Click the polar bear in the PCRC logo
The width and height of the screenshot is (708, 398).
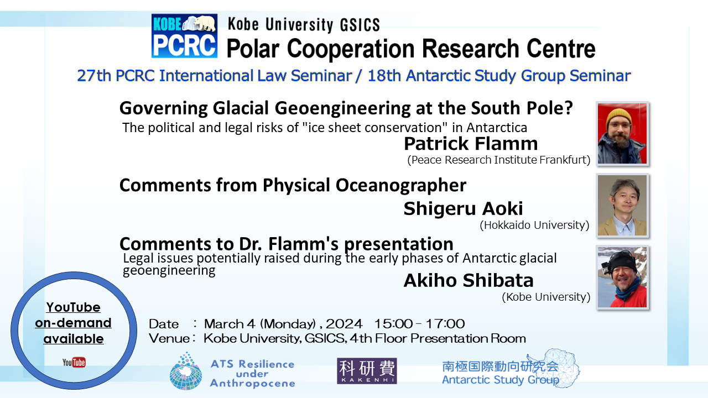tap(205, 23)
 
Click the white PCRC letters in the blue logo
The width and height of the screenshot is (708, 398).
tap(184, 45)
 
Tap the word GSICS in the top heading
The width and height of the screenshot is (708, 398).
tap(360, 25)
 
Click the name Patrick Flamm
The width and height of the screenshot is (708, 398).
tap(471, 144)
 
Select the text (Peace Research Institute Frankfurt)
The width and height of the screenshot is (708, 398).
tap(499, 160)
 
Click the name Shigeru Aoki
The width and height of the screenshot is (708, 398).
tap(464, 208)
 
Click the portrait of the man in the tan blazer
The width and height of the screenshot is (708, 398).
tap(622, 205)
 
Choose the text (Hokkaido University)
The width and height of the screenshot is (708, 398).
tap(534, 225)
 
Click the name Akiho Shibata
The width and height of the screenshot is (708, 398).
tap(468, 280)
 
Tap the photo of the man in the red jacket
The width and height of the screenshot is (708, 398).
tap(622, 277)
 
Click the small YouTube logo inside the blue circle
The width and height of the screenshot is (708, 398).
tap(74, 362)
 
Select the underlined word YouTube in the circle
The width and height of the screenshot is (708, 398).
tap(74, 307)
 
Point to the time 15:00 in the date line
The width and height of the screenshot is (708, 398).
tap(393, 324)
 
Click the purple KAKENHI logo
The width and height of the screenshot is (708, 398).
tap(367, 371)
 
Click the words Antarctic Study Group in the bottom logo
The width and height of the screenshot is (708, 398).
tap(501, 380)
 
